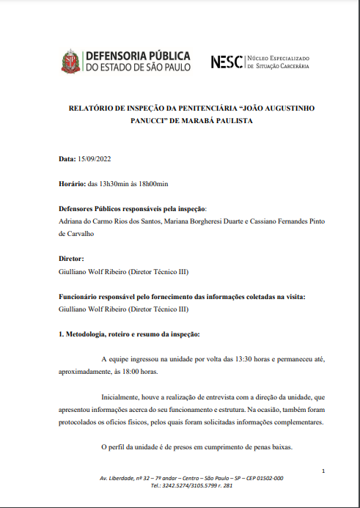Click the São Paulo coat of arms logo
click(70, 61)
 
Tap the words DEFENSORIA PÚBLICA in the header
click(138, 56)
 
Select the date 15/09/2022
click(94, 159)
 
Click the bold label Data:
click(67, 159)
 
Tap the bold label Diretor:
click(72, 259)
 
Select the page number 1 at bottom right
click(323, 470)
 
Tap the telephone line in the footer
click(191, 485)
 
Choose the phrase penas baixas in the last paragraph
click(273, 447)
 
